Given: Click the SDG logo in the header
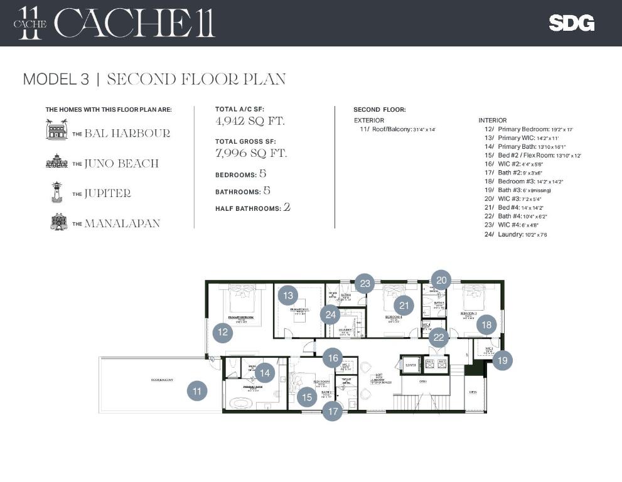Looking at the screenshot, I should click(571, 23).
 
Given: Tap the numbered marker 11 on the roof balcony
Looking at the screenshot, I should click(197, 391).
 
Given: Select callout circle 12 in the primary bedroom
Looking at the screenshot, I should click(222, 333).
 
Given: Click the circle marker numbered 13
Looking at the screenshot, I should click(288, 296).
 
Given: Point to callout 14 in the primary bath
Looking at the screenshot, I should click(265, 373).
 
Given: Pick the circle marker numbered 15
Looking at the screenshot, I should click(307, 397).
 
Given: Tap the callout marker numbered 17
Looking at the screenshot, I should click(332, 412).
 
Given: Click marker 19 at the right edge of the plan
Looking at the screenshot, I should click(502, 360).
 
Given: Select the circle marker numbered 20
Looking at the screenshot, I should click(441, 281).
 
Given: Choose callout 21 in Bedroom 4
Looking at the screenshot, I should click(404, 306).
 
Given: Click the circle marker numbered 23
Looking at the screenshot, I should click(365, 284).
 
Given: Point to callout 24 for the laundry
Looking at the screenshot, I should click(330, 314).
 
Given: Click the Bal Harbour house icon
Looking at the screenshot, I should click(56, 129).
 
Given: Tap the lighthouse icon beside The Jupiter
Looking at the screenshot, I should click(56, 192).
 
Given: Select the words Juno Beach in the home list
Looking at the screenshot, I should click(121, 163).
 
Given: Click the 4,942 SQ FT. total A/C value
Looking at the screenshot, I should click(250, 121).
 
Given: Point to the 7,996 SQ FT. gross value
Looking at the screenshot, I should click(251, 153).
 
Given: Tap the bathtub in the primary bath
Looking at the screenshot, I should click(240, 403).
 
